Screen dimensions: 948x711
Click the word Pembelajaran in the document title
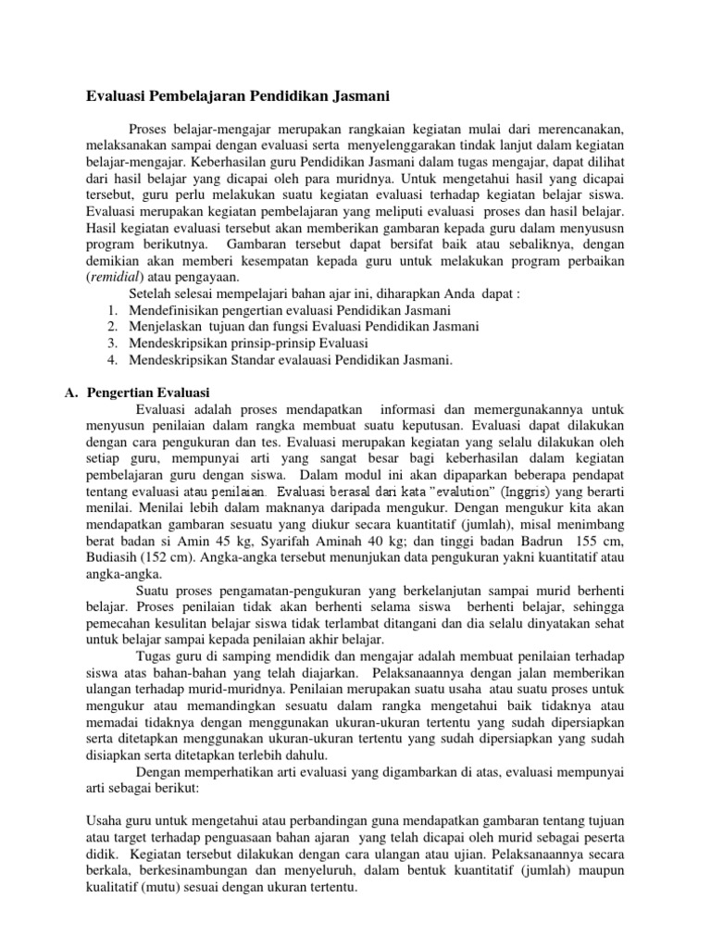200,94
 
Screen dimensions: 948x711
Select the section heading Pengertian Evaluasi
148,393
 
